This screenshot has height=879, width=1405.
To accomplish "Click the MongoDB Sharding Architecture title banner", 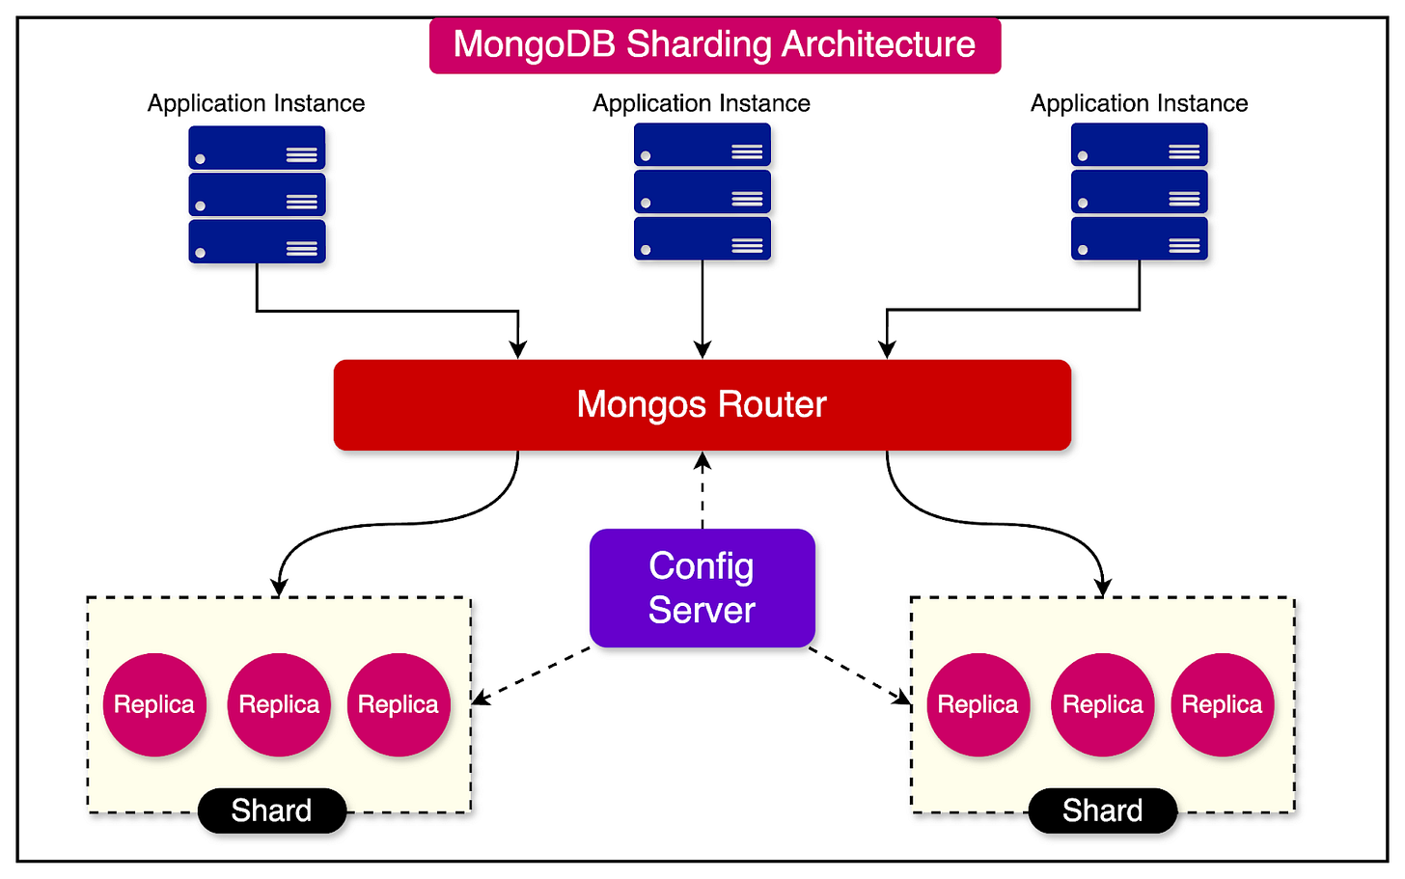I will click(x=714, y=45).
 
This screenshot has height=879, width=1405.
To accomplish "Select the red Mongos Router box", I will click(x=702, y=404).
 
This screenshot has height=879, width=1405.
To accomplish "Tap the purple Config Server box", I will click(x=702, y=588).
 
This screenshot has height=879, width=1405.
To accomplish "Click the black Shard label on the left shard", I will click(x=271, y=810).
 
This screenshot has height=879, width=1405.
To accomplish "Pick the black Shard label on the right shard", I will click(x=1102, y=810).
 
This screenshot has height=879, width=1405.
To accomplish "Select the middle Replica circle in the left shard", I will click(x=279, y=704).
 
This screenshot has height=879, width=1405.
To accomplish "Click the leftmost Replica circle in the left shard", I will click(x=154, y=704).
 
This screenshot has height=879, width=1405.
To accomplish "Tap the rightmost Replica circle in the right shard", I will click(x=1222, y=704).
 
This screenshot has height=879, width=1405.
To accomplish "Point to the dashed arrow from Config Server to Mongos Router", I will click(x=702, y=492).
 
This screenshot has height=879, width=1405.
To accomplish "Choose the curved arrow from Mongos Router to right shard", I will click(x=1004, y=524).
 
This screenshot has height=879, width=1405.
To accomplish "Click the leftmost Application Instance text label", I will click(x=256, y=103).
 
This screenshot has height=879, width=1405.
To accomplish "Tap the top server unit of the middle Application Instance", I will click(x=702, y=146).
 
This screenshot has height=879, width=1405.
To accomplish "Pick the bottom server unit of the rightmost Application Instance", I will click(x=1139, y=239).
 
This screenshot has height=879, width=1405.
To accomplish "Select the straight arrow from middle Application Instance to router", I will click(x=702, y=309).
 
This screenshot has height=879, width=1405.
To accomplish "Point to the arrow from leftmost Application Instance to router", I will click(x=386, y=311).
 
